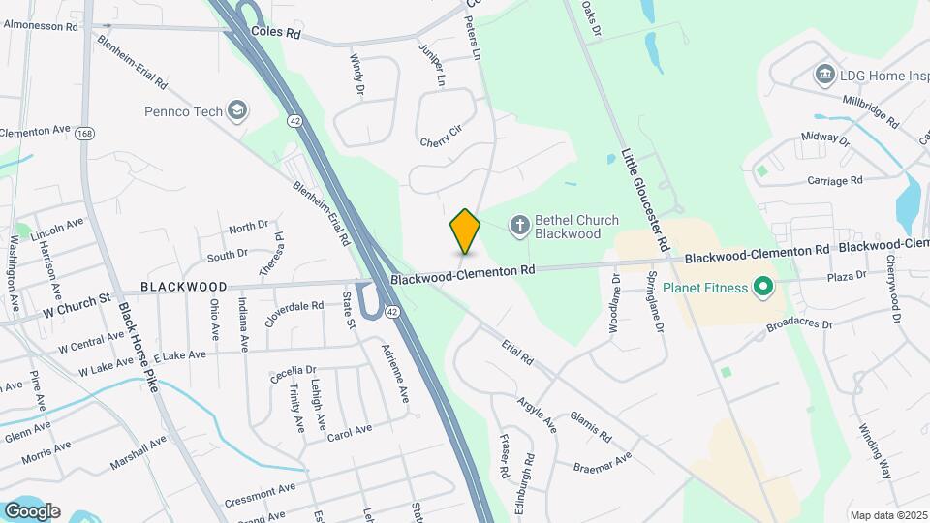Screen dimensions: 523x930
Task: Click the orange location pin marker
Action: click(x=465, y=231)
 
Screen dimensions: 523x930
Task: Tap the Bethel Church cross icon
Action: click(x=519, y=226)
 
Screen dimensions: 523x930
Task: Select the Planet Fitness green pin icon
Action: click(x=762, y=287)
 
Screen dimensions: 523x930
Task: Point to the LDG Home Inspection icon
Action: click(x=824, y=74)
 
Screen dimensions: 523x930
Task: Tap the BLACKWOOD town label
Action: click(x=184, y=287)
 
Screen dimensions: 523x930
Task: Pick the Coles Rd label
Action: click(x=276, y=32)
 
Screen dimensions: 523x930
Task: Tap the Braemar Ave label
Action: click(x=604, y=462)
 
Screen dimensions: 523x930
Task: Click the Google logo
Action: click(x=32, y=510)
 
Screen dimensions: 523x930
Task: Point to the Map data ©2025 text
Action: click(x=888, y=515)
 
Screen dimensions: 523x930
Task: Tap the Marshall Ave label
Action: click(x=139, y=451)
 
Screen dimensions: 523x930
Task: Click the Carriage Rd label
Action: click(x=834, y=180)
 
